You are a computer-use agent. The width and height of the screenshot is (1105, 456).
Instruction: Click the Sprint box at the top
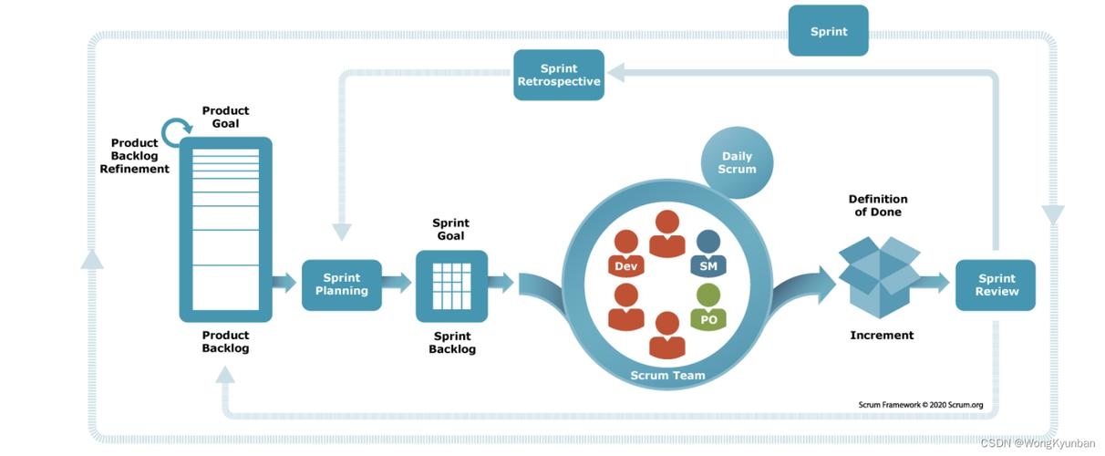click(x=828, y=32)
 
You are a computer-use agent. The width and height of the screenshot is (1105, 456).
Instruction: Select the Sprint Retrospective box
click(x=559, y=75)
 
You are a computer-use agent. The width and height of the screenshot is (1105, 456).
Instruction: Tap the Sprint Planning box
click(x=341, y=285)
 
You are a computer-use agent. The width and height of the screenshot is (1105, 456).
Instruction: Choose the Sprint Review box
click(x=996, y=285)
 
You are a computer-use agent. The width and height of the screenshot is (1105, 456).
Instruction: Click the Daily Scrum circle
click(x=737, y=162)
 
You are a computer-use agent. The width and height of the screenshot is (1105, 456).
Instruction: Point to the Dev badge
click(x=625, y=265)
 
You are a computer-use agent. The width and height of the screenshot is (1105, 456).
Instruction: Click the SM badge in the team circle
click(x=708, y=265)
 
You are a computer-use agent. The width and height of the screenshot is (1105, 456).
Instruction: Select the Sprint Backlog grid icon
click(x=451, y=285)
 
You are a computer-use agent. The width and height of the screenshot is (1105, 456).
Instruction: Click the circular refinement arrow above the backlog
click(x=177, y=133)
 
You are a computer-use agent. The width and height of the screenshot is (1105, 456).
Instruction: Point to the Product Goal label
click(x=225, y=117)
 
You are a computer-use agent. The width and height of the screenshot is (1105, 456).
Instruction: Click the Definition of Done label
click(x=878, y=205)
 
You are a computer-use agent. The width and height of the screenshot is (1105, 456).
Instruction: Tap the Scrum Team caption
click(x=667, y=375)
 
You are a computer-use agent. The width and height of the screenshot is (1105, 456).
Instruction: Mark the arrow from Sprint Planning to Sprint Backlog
click(x=397, y=284)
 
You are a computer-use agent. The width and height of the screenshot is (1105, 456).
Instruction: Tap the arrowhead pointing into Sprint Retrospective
click(x=617, y=73)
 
